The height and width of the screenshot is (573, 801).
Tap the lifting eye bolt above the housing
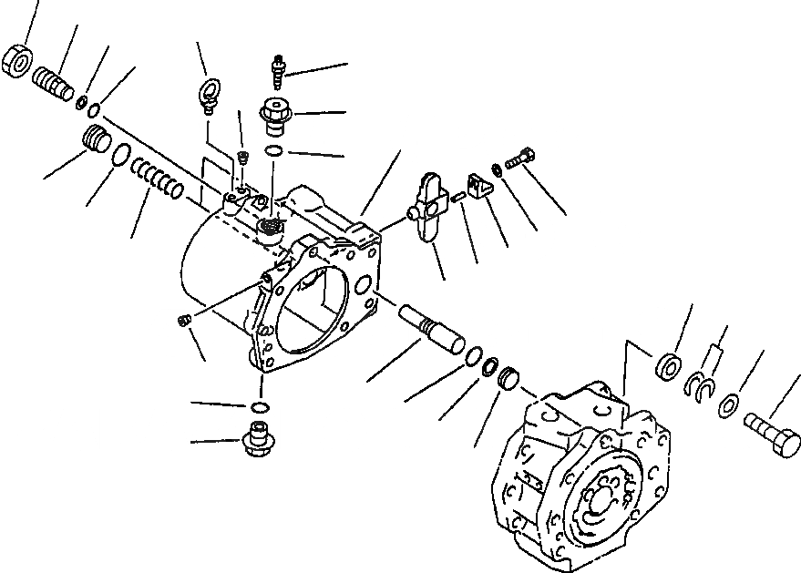tap(209, 94)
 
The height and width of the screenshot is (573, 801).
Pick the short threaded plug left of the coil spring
tap(96, 141)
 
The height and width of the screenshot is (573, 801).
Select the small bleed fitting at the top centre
tap(279, 67)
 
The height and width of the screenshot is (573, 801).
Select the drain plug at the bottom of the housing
tap(258, 441)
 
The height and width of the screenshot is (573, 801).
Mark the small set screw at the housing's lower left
tap(183, 320)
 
